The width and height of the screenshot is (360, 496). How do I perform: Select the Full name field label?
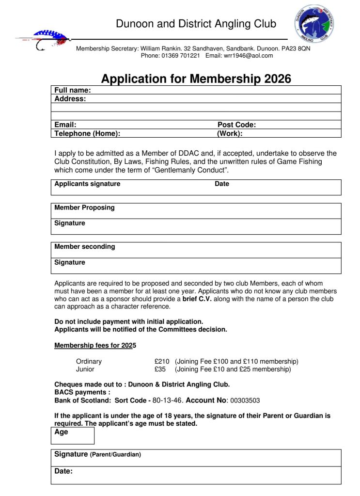coord(73,90)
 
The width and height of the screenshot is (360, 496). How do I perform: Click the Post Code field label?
coord(236,125)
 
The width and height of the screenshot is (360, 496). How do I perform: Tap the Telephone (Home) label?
coord(87,133)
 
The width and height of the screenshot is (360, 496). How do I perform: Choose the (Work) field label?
coord(230,133)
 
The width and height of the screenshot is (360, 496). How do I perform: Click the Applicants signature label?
coord(87,184)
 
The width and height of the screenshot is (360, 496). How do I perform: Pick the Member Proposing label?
coord(84,208)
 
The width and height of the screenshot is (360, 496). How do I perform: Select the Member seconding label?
coord(84,246)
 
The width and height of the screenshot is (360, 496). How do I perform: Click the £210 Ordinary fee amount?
coord(162,361)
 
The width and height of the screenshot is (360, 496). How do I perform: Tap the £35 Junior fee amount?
coord(160,369)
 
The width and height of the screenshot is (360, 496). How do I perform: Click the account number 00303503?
coord(245,400)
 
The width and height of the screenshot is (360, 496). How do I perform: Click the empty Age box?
coord(73,436)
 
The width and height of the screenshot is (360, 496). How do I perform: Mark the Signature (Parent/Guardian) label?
coord(97,454)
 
